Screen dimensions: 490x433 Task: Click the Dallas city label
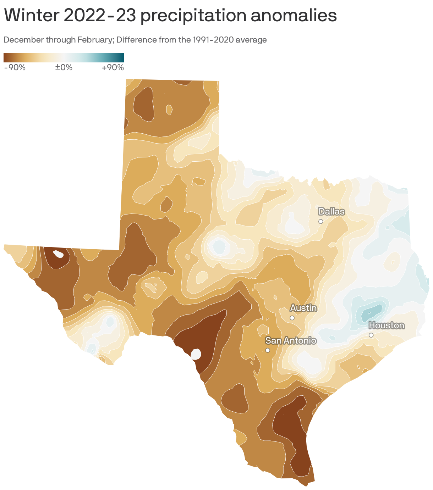pyautogui.click(x=331, y=212)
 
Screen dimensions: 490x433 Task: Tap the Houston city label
pyautogui.click(x=386, y=325)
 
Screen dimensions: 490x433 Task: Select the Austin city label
pyautogui.click(x=303, y=308)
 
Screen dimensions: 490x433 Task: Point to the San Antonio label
pyautogui.click(x=291, y=341)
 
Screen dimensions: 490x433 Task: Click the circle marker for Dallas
pyautogui.click(x=320, y=221)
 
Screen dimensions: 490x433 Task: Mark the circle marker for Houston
pyautogui.click(x=371, y=335)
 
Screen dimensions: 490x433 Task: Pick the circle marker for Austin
pyautogui.click(x=292, y=318)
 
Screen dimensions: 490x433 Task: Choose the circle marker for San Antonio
pyautogui.click(x=268, y=350)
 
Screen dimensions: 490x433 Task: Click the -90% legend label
pyautogui.click(x=15, y=67)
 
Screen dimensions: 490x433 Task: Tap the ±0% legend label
pyautogui.click(x=64, y=67)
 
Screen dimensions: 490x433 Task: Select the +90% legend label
pyautogui.click(x=113, y=67)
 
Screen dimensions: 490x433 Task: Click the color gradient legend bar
pyautogui.click(x=64, y=58)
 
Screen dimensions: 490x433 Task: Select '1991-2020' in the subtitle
pyautogui.click(x=213, y=40)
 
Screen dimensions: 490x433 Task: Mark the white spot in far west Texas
pyautogui.click(x=58, y=254)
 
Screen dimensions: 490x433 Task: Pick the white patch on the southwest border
pyautogui.click(x=196, y=354)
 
